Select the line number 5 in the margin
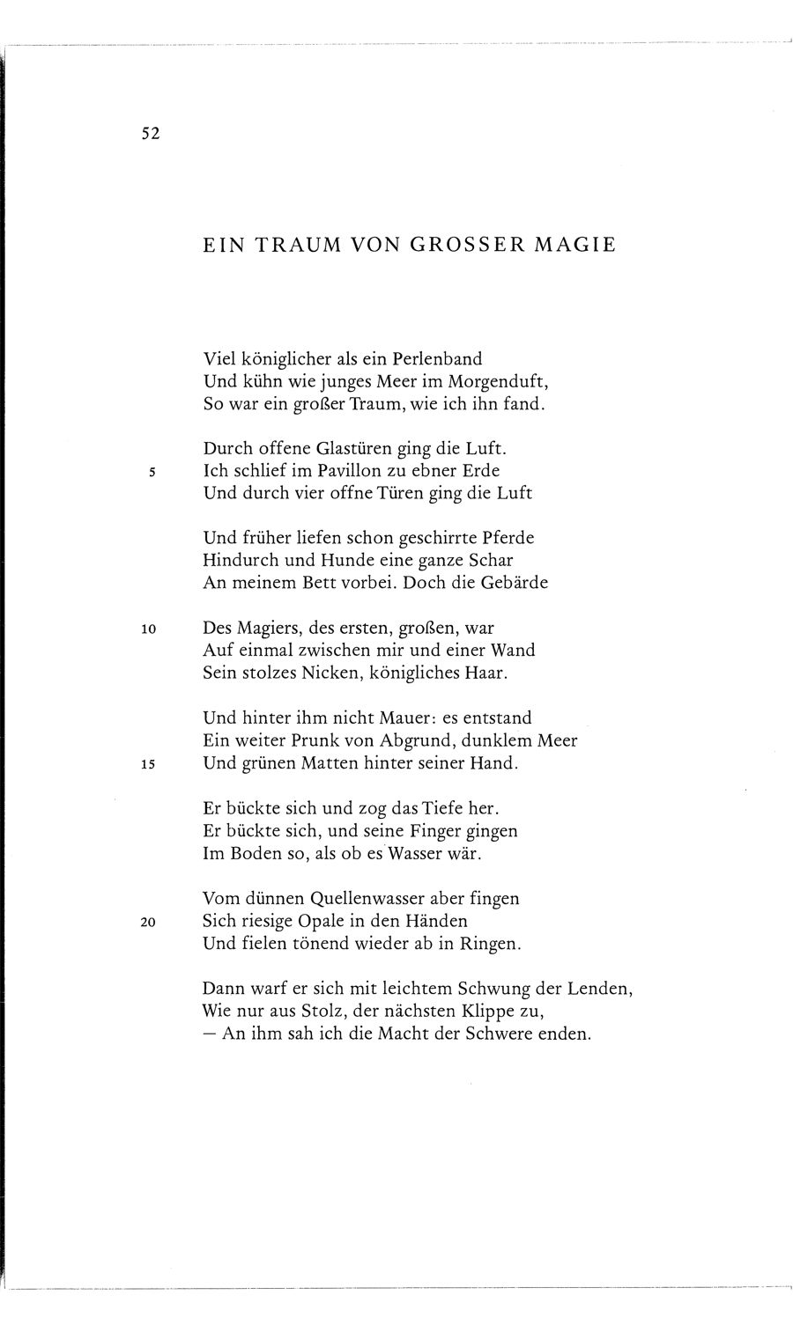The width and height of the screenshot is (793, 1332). coord(152,471)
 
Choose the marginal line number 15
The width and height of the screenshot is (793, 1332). coord(149,764)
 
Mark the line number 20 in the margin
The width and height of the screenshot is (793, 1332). coord(149,922)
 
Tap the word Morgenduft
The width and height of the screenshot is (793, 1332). coord(496,382)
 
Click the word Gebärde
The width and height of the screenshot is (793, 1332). coord(510,583)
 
